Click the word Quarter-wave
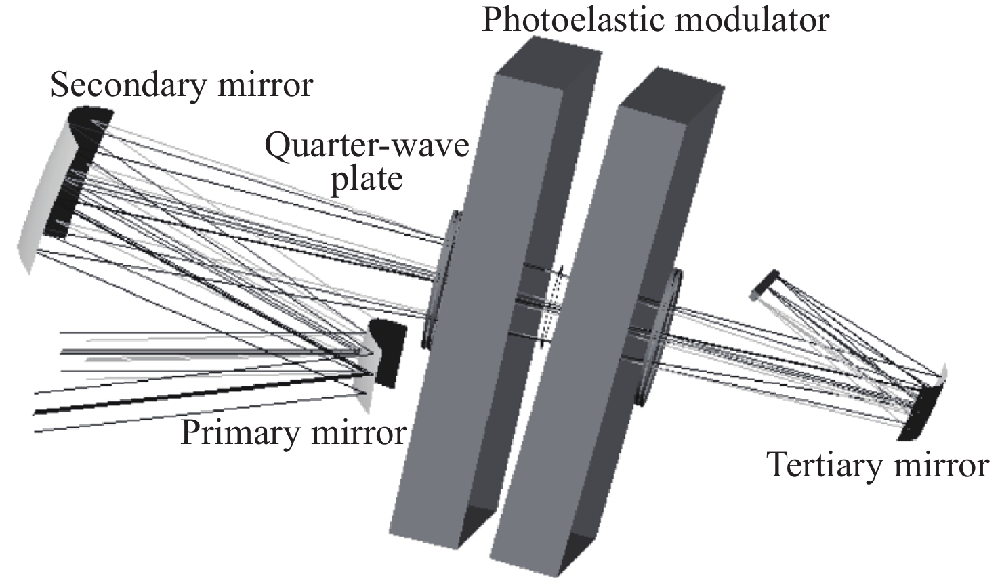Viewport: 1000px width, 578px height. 367,145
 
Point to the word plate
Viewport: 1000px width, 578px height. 367,179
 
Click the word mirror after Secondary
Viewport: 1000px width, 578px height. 271,87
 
